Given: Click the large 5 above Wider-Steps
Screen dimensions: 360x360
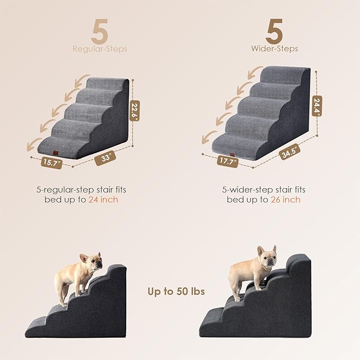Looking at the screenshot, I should pos(275,32).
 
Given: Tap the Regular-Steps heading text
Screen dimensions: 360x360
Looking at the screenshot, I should pos(100,49).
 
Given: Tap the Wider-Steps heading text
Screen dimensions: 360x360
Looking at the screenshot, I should pos(275,49).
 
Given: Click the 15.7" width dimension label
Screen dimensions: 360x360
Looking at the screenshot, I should pos(51,162).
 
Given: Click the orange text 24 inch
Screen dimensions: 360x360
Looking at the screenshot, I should pos(103,200).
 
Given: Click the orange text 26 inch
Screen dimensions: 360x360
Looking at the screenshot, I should pos(286,200).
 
